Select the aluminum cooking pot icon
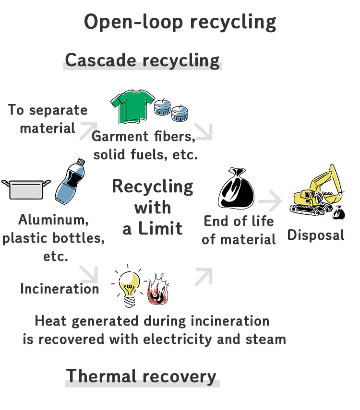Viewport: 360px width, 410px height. tap(26, 188)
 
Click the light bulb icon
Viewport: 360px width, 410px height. tap(128, 284)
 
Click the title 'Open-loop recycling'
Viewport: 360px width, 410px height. tap(180, 22)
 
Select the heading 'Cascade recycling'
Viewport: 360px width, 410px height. tap(142, 60)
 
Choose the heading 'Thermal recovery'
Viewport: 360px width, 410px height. tap(141, 375)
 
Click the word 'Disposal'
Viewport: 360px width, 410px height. tap(316, 235)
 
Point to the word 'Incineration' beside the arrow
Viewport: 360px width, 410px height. tap(60, 289)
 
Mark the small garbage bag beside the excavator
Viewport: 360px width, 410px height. tap(339, 211)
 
